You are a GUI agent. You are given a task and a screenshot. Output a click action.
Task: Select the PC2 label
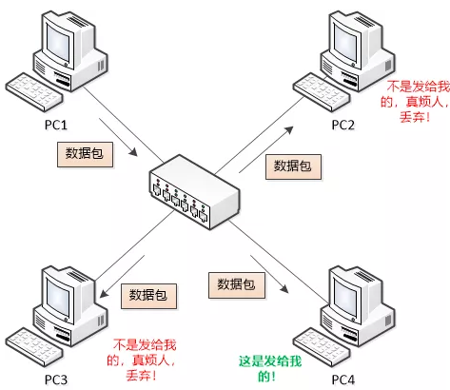343,125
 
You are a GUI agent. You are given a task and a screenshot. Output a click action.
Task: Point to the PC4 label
343,381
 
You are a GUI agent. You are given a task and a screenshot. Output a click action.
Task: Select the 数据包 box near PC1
81,151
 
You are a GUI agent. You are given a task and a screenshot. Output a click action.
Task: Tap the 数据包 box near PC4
235,283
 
